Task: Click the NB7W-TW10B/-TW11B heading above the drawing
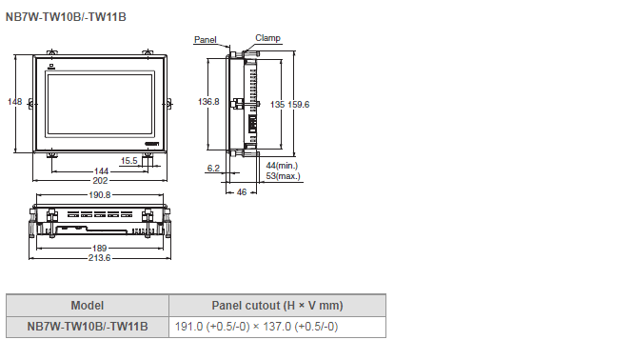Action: coord(66,17)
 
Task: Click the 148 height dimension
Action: coord(14,102)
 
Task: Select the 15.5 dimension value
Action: coord(129,161)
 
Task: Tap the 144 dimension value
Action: coord(101,171)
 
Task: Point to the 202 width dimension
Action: coord(100,180)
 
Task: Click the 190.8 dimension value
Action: coord(99,195)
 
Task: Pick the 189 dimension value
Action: coord(99,248)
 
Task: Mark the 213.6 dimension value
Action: coord(99,258)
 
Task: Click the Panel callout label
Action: coord(206,39)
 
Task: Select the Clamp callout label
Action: coord(267,38)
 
